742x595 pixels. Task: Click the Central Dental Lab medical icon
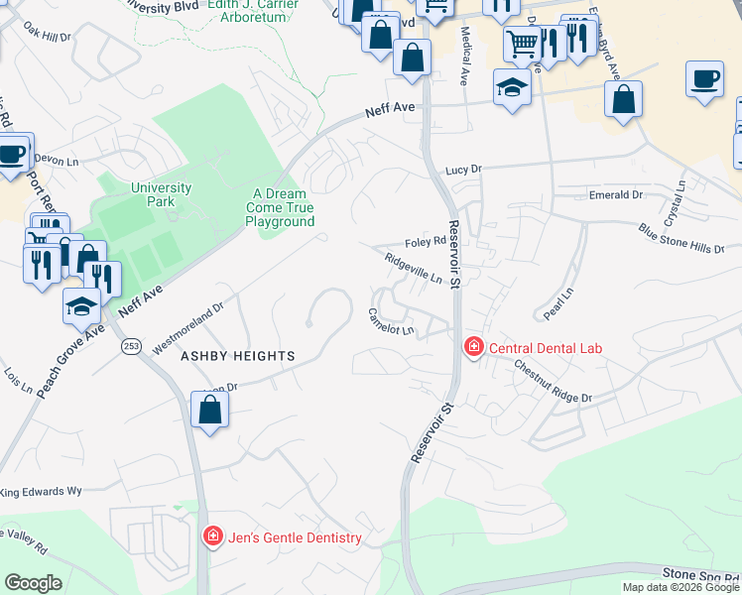(474, 348)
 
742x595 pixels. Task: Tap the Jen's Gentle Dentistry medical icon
(212, 537)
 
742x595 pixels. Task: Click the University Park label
(161, 194)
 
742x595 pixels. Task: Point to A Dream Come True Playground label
(281, 208)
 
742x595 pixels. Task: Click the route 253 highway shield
(131, 346)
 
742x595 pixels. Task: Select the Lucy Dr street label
(462, 170)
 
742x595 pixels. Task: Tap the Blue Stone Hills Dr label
(681, 239)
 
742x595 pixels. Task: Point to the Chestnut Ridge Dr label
(552, 382)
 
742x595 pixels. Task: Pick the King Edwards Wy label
(41, 491)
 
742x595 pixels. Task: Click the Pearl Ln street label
(558, 304)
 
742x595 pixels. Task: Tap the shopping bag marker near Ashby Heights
(209, 410)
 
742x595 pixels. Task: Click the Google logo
(34, 583)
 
